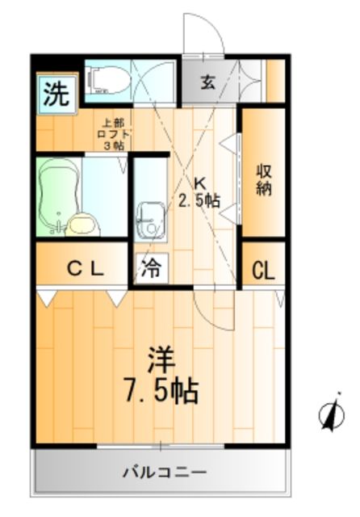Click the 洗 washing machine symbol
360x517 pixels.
coord(56,92)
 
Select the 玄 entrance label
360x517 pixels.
coord(207,82)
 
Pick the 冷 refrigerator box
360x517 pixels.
coord(151,269)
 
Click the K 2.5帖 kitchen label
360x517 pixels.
coord(199,191)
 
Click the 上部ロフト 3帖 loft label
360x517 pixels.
coord(112,134)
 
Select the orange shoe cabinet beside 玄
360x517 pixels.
coord(274,80)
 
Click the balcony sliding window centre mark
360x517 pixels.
coord(161,445)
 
